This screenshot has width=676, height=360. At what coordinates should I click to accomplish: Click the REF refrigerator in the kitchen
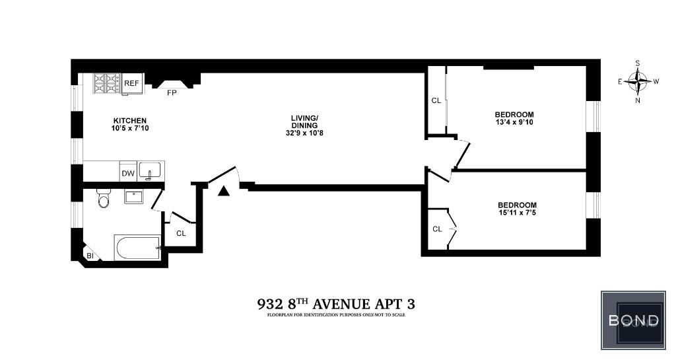tap(132, 83)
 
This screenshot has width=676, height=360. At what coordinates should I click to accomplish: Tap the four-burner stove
tap(106, 83)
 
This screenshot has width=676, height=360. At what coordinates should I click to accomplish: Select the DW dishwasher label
tap(128, 174)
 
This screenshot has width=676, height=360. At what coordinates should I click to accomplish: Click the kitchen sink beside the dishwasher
tap(150, 170)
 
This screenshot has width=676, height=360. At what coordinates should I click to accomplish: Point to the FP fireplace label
tap(172, 92)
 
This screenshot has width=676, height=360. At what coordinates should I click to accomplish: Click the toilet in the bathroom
tap(104, 198)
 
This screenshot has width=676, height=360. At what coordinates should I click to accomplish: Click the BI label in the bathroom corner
tap(90, 256)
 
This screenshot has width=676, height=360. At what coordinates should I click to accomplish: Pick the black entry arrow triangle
tap(223, 191)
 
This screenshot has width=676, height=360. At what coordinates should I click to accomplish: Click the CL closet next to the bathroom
tap(181, 233)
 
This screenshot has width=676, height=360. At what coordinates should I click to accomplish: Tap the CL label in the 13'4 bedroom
tap(436, 100)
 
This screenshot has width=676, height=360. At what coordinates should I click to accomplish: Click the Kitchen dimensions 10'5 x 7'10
tap(130, 128)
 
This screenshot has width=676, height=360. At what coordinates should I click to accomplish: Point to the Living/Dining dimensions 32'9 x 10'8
tap(304, 133)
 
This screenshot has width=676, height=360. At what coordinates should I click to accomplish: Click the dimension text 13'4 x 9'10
tap(514, 122)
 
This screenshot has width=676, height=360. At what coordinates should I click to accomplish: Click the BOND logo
tap(634, 320)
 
